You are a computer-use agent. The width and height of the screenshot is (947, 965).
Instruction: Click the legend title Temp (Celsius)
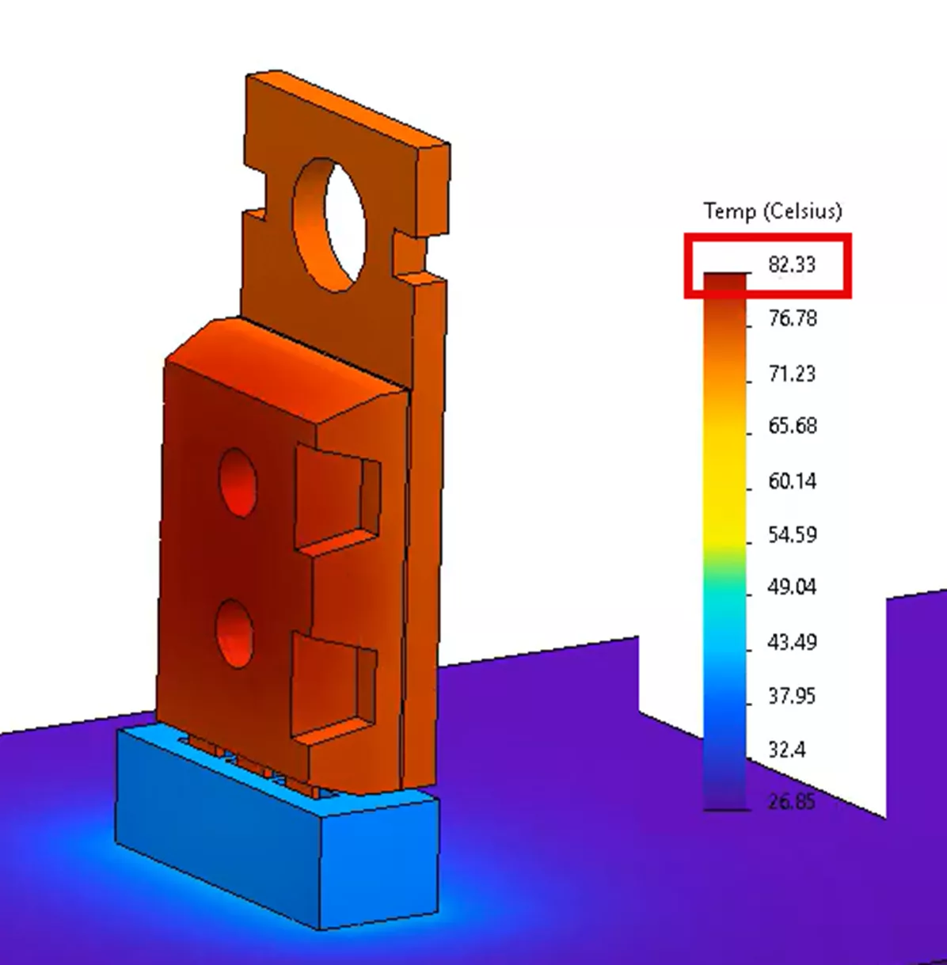772,211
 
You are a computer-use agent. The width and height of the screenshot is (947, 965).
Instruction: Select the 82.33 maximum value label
791,264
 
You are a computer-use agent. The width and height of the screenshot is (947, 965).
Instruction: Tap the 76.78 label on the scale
792,319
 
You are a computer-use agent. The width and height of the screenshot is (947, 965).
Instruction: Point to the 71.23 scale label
792,373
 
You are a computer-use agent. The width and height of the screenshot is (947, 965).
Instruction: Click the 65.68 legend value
792,427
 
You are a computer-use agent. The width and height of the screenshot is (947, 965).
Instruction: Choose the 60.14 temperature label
792,481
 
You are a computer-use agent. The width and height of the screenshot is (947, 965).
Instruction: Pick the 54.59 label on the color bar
792,534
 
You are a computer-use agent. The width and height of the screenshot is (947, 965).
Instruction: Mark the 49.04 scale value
792,588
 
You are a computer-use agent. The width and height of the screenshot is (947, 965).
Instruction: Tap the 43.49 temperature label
792,642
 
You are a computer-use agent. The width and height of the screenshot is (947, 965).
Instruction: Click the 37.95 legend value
792,696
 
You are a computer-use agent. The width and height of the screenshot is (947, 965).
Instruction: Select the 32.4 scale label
787,749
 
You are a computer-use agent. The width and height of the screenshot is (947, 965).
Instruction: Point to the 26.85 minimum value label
792,802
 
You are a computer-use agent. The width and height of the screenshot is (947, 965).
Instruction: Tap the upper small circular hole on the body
238,481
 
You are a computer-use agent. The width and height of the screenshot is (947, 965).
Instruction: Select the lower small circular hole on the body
236,634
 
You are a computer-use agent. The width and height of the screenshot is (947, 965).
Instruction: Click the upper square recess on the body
336,499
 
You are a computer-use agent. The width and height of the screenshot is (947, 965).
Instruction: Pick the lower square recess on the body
333,685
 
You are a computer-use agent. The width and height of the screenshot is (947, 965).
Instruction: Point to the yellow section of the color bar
725,483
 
